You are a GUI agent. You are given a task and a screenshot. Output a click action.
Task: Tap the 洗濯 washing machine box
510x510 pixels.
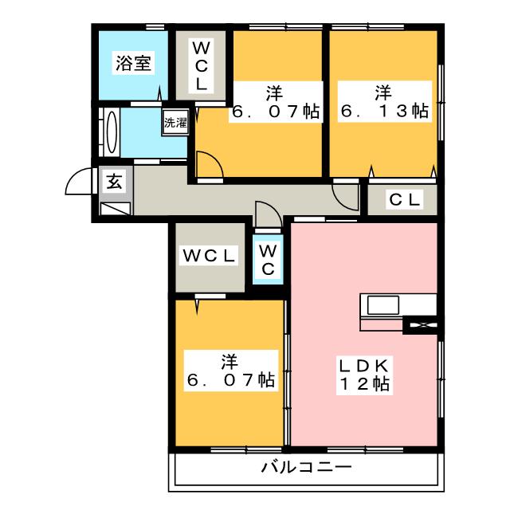click(175, 124)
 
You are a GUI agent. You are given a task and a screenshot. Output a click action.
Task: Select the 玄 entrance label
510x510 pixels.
click(114, 182)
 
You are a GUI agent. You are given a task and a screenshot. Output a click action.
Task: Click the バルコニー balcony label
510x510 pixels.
click(305, 467)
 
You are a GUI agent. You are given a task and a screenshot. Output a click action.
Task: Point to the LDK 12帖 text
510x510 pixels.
click(364, 375)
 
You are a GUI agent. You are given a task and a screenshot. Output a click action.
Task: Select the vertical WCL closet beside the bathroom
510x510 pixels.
click(201, 65)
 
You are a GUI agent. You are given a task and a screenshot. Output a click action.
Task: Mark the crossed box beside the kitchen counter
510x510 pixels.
click(420, 324)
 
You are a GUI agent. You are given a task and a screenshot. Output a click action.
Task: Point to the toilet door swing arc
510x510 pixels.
click(265, 215)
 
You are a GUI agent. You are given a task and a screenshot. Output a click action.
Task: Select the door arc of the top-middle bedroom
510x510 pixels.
click(209, 166)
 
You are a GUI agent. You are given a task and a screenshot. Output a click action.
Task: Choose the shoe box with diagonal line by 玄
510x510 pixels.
click(116, 208)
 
